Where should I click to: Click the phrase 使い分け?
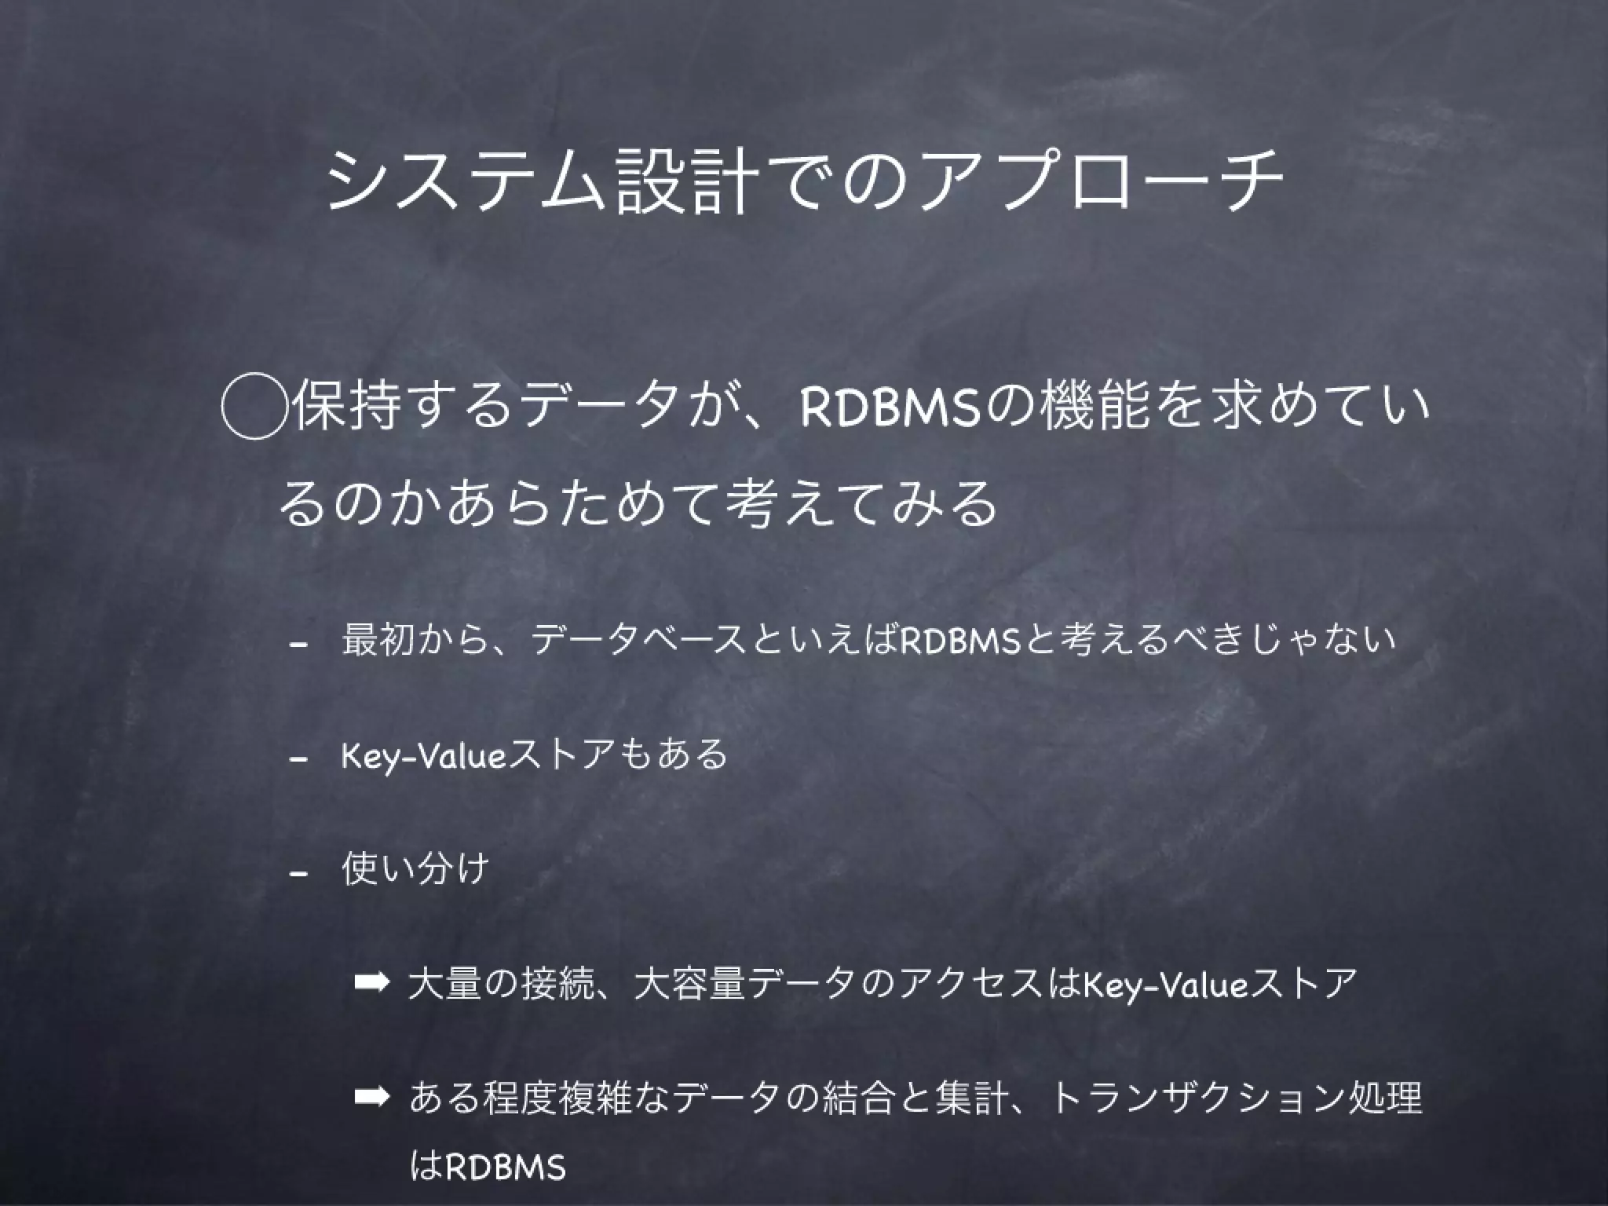[x=415, y=868]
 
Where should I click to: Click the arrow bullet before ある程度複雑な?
[x=371, y=1097]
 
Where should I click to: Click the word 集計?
[x=970, y=1097]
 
